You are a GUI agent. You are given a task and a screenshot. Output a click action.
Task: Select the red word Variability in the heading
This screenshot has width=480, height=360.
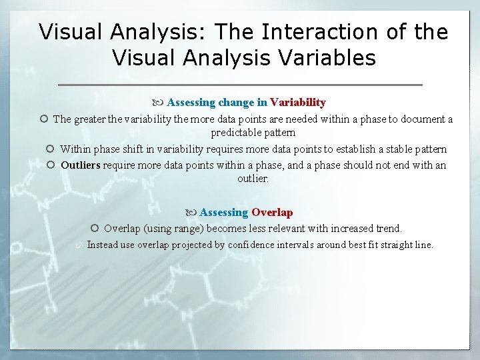pyautogui.click(x=297, y=103)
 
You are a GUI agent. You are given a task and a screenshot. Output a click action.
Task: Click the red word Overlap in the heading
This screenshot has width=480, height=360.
pyautogui.click(x=271, y=213)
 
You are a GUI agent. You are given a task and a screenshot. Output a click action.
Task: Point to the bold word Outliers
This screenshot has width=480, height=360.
pyautogui.click(x=80, y=165)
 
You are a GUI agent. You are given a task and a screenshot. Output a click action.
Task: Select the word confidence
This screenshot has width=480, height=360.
pyautogui.click(x=251, y=245)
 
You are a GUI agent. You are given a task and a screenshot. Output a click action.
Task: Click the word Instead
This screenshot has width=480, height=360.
pyautogui.click(x=102, y=245)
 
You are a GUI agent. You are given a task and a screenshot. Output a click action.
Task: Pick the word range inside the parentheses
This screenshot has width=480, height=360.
pyautogui.click(x=188, y=229)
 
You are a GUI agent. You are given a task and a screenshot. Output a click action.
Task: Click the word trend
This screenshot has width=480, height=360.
pyautogui.click(x=389, y=229)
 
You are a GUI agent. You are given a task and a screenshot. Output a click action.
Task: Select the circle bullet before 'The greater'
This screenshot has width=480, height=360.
pyautogui.click(x=43, y=119)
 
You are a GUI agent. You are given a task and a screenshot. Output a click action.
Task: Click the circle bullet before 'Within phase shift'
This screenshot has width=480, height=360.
pyautogui.click(x=51, y=149)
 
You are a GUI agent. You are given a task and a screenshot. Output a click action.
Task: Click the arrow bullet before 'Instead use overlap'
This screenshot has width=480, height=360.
pyautogui.click(x=78, y=245)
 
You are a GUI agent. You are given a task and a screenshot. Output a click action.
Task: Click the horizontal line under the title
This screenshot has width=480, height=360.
pyautogui.click(x=240, y=85)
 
